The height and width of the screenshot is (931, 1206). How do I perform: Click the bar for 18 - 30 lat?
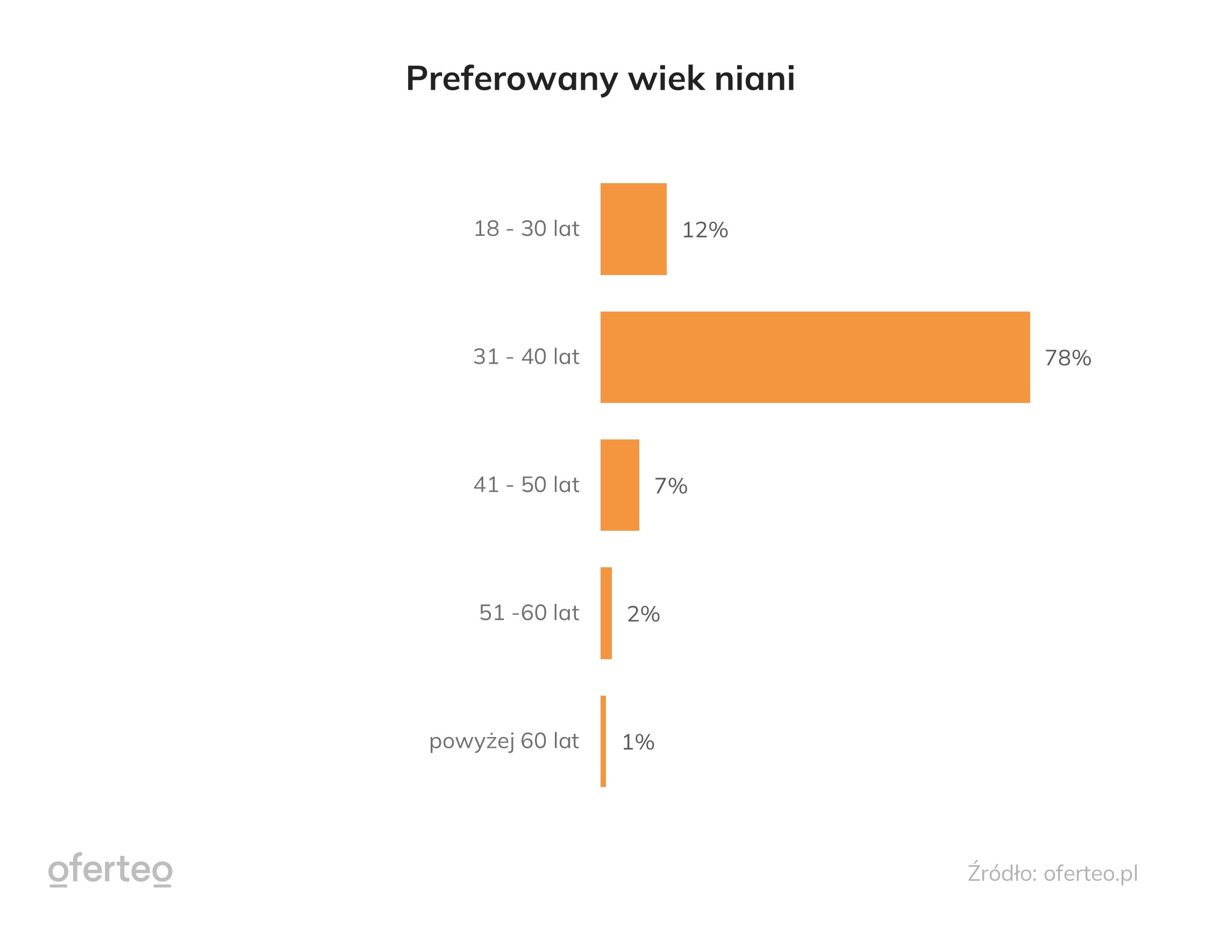pyautogui.click(x=633, y=228)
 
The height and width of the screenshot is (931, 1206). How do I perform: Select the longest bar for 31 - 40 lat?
pyautogui.click(x=815, y=357)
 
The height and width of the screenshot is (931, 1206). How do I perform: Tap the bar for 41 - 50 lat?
pyautogui.click(x=619, y=485)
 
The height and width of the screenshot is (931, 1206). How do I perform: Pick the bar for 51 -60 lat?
pyautogui.click(x=606, y=612)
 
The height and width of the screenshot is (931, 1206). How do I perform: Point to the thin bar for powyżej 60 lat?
pyautogui.click(x=603, y=741)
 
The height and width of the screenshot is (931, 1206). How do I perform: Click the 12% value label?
pyautogui.click(x=704, y=230)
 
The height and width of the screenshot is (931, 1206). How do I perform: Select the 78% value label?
pyautogui.click(x=1067, y=358)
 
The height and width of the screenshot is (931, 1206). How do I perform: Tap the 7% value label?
pyautogui.click(x=670, y=486)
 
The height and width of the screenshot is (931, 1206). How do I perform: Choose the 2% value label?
pyautogui.click(x=643, y=614)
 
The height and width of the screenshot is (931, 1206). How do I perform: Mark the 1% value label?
pyautogui.click(x=638, y=742)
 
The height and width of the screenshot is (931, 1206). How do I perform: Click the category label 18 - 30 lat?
pyautogui.click(x=526, y=228)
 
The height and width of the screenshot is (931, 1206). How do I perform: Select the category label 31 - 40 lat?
pyautogui.click(x=526, y=357)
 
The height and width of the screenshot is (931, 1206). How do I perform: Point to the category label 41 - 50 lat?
pyautogui.click(x=526, y=485)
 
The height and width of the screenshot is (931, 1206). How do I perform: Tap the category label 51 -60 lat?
pyautogui.click(x=529, y=612)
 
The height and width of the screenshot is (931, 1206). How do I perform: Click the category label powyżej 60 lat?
pyautogui.click(x=504, y=741)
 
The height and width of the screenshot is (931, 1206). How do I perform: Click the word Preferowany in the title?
pyautogui.click(x=511, y=79)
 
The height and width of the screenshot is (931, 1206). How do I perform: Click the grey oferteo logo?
pyautogui.click(x=110, y=870)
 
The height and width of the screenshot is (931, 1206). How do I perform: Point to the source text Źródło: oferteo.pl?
pyautogui.click(x=1052, y=873)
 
